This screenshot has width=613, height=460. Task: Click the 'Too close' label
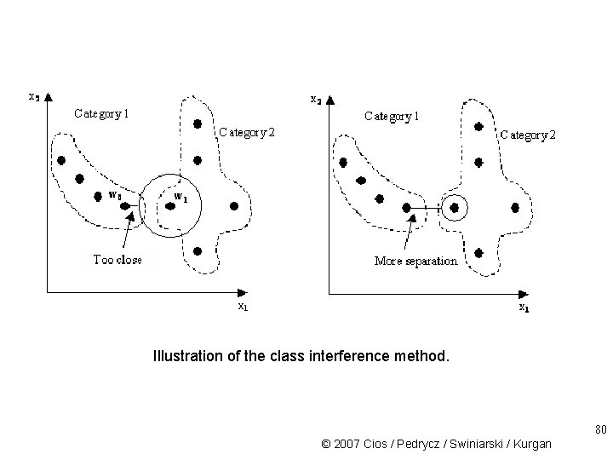click(117, 260)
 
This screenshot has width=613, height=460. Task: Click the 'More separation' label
click(415, 261)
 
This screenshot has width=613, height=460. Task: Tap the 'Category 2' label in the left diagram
click(247, 132)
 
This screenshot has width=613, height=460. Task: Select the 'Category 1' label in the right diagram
click(392, 116)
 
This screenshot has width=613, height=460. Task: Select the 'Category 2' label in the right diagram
click(528, 135)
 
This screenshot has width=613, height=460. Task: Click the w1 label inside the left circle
click(180, 197)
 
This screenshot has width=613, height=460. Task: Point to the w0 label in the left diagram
click(115, 194)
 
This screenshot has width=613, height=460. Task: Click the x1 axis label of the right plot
click(525, 308)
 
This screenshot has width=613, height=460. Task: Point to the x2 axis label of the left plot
click(33, 95)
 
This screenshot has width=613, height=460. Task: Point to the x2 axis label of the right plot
click(315, 100)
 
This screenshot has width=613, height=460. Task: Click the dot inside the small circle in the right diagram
click(455, 207)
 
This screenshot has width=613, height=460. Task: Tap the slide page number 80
click(600, 428)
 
